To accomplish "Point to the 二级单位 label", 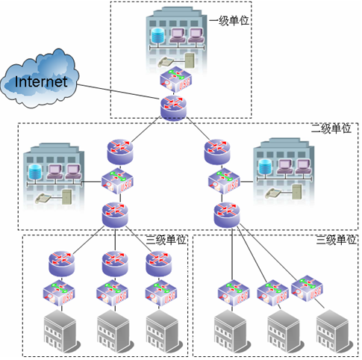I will [331, 128].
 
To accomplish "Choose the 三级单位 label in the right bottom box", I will [337, 240].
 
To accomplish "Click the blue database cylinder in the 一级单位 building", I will [157, 35].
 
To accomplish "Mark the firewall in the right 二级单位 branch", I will [222, 181].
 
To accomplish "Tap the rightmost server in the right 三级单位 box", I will [331, 331].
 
